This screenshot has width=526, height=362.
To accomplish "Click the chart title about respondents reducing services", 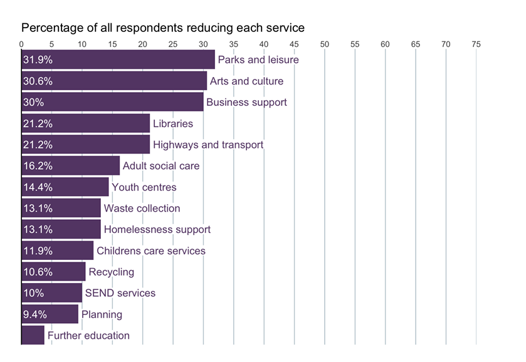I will [x=163, y=28].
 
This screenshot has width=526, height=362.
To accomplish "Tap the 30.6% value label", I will [x=38, y=81].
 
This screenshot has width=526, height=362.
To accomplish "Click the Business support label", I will [x=246, y=102].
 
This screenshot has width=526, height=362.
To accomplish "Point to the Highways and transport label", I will [x=208, y=145].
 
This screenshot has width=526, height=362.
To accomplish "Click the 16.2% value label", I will [x=38, y=166].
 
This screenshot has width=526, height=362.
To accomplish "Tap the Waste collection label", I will [x=142, y=209].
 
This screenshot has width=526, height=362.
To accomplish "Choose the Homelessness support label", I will [x=157, y=230].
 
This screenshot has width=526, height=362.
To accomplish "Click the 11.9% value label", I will [x=38, y=251].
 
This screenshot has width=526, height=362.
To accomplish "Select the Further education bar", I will [x=33, y=336].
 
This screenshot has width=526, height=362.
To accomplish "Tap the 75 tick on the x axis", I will [x=476, y=44].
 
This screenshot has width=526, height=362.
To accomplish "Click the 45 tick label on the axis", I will [x=294, y=44].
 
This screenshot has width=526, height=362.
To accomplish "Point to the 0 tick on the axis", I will [x=22, y=44].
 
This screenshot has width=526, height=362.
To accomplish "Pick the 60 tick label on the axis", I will [x=385, y=44].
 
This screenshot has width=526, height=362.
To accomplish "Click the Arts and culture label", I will [x=246, y=81].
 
